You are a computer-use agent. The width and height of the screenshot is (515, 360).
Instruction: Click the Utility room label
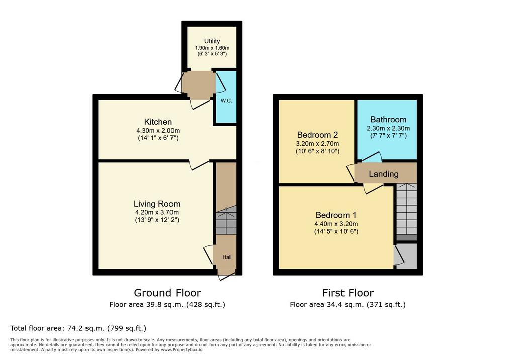pyautogui.click(x=212, y=41)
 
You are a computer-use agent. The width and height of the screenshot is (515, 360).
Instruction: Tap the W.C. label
pyautogui.click(x=226, y=101)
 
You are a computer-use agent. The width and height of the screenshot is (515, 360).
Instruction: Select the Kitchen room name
pyautogui.click(x=158, y=122)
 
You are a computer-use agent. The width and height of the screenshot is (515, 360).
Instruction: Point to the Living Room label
pyautogui.click(x=157, y=204)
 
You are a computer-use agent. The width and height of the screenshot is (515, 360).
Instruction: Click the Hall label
pyautogui.click(x=227, y=257)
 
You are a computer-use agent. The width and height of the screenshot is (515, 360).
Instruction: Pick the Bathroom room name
pyautogui.click(x=388, y=120)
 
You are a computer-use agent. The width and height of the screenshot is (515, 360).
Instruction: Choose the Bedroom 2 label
pyautogui.click(x=318, y=135)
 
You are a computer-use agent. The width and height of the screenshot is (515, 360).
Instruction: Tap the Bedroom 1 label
pyautogui.click(x=336, y=215)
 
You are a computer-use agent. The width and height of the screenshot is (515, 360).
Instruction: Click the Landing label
pyautogui.click(x=384, y=174)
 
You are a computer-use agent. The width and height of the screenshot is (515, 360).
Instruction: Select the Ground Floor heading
pyautogui.click(x=167, y=293)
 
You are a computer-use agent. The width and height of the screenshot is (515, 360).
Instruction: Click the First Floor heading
pyautogui.click(x=348, y=293)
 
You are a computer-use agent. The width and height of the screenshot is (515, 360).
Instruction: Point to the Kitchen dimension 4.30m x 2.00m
pyautogui.click(x=158, y=131)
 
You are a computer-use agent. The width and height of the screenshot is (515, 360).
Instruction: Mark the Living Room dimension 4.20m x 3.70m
pyautogui.click(x=157, y=213)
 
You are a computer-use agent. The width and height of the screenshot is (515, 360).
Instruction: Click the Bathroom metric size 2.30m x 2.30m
pyautogui.click(x=388, y=128)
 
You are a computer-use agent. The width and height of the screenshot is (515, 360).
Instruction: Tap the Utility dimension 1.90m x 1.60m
pyautogui.click(x=212, y=48)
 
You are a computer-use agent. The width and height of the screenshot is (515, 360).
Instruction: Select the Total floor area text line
pyautogui.click(x=78, y=328)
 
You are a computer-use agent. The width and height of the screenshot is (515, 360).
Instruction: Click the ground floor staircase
pyautogui.click(x=226, y=220)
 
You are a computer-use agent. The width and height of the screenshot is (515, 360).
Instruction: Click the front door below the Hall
pyautogui.click(x=227, y=275)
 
